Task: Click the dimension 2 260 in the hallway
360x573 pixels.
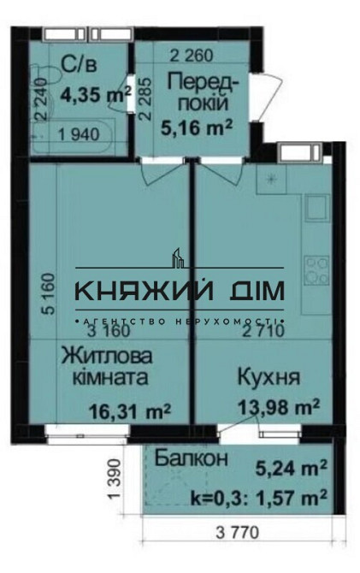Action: pos(192,57)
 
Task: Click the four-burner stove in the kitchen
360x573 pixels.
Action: pos(317,269)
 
